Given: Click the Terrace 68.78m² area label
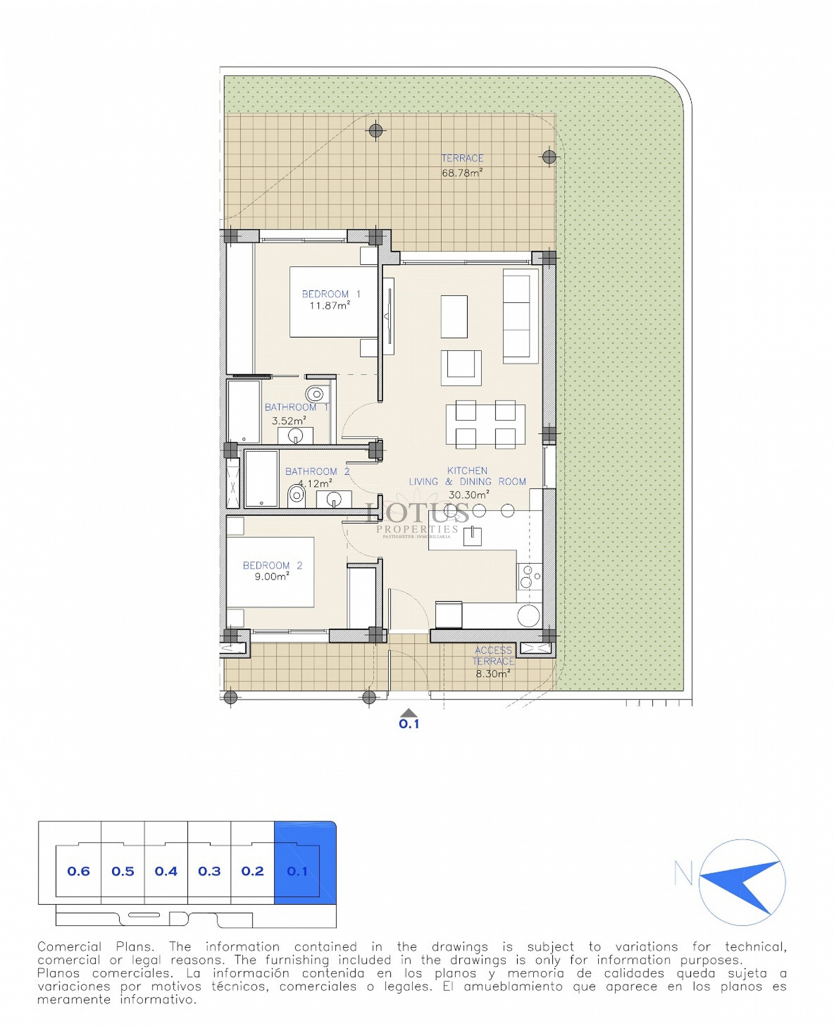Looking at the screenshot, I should [462, 165].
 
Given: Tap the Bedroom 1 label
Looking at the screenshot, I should [331, 294].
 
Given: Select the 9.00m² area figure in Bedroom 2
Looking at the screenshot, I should [272, 576].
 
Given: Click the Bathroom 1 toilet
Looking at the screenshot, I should [314, 394].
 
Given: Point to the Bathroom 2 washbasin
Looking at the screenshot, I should [334, 499].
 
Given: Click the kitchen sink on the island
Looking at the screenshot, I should [472, 536].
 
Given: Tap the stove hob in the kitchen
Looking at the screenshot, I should [530, 576].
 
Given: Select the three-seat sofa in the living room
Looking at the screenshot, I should [520, 316].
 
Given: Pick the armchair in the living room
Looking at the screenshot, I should [461, 368].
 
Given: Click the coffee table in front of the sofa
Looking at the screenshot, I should [454, 317].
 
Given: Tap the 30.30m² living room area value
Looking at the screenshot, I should [468, 495].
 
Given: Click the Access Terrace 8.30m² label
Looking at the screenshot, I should [493, 662].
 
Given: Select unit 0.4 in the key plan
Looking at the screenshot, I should [166, 871].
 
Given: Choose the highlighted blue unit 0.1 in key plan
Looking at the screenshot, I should [298, 871].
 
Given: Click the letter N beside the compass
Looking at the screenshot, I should [683, 873].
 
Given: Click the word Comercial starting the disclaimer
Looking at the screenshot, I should [69, 947].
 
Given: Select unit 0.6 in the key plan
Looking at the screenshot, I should [78, 871].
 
